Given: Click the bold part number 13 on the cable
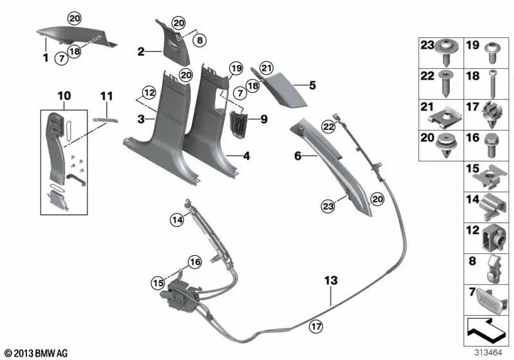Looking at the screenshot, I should click(331, 281).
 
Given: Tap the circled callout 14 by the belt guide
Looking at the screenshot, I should click(177, 220).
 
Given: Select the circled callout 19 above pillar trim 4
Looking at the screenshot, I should click(235, 68).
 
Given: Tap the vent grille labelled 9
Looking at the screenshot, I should click(235, 120).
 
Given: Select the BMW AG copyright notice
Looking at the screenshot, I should click(37, 353).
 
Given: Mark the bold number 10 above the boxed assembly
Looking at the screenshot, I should click(64, 96).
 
